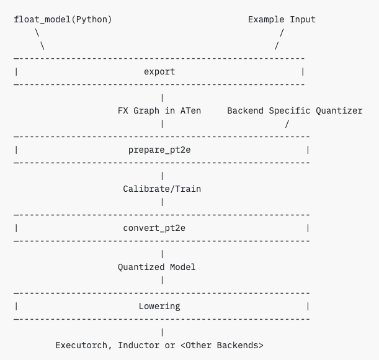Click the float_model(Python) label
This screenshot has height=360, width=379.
[63, 20]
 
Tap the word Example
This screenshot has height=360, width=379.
[266, 20]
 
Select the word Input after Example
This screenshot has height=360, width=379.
[303, 20]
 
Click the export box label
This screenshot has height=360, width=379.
[159, 72]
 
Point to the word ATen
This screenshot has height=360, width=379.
[190, 111]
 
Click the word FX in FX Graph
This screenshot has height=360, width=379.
[123, 111]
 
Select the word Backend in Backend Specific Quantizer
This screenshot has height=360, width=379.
[246, 111]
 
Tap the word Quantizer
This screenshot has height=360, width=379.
[339, 111]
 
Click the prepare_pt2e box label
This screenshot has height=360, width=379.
[159, 150]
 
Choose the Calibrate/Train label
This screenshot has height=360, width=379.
[162, 189]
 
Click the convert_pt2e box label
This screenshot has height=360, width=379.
[154, 228]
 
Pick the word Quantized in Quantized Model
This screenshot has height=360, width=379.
[141, 268]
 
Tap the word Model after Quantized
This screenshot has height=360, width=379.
[183, 268]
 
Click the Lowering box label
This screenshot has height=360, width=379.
[159, 306]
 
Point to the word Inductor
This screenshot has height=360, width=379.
[139, 346]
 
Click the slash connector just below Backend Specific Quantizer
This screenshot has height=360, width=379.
[287, 124]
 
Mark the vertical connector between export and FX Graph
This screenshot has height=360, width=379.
[162, 98]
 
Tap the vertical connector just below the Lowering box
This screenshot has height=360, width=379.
[162, 333]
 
